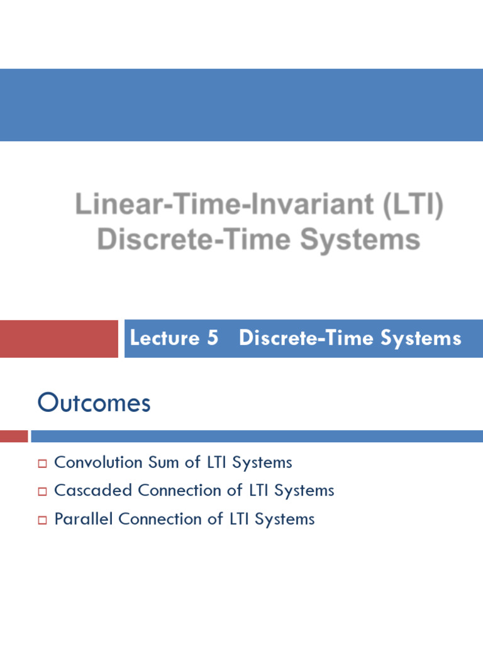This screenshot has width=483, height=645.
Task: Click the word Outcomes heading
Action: (x=94, y=403)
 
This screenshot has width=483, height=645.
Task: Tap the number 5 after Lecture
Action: (x=212, y=338)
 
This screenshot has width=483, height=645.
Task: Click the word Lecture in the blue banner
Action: (x=164, y=338)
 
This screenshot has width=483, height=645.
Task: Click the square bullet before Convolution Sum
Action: (x=43, y=464)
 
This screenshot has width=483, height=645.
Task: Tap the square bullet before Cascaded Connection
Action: (x=43, y=491)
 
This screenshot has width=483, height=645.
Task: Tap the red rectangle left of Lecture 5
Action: (x=58, y=339)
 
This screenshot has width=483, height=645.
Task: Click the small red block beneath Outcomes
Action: (x=13, y=436)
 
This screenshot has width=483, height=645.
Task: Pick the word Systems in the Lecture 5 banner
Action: (x=421, y=338)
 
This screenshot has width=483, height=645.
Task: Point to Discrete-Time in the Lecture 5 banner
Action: (x=307, y=338)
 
